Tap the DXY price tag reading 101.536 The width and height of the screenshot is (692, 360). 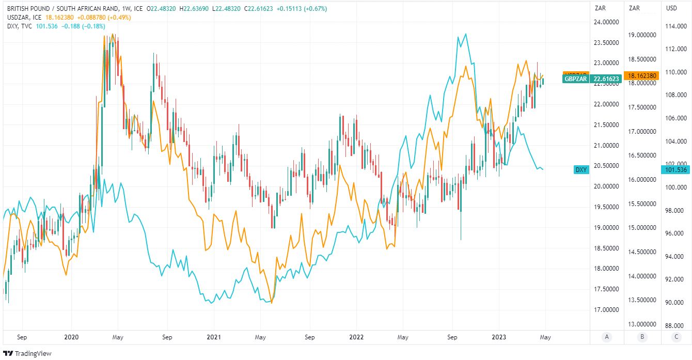click(x=677, y=169)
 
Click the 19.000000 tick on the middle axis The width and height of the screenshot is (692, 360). click(x=642, y=35)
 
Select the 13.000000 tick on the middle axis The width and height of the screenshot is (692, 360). click(x=642, y=324)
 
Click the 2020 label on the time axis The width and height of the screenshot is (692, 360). click(x=71, y=337)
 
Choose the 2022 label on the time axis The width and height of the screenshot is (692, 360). click(x=356, y=337)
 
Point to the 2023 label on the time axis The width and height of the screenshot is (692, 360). click(x=499, y=337)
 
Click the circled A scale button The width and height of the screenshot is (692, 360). click(x=607, y=337)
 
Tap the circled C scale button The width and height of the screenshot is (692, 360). click(x=677, y=337)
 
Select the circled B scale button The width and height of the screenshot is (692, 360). click(x=642, y=337)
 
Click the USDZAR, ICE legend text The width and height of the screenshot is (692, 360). click(x=24, y=18)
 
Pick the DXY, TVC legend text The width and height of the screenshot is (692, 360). click(x=20, y=26)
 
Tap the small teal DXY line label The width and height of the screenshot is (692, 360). click(x=581, y=169)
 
